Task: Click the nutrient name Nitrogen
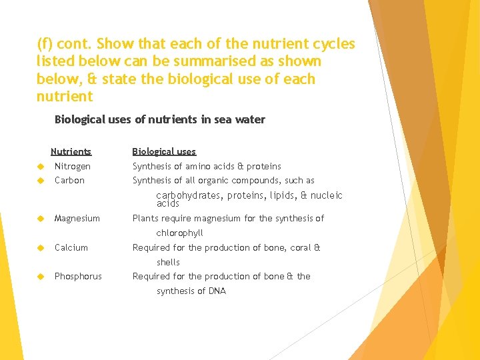72,166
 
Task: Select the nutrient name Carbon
69,181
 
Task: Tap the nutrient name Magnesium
77,219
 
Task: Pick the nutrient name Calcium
71,247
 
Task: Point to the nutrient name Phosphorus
78,276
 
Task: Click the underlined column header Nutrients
71,151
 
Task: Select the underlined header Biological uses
164,151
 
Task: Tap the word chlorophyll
179,233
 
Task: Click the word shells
168,262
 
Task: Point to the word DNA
217,291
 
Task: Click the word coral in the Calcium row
300,247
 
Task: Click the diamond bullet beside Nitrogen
41,166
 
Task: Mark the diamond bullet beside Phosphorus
41,276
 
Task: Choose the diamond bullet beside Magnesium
41,219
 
